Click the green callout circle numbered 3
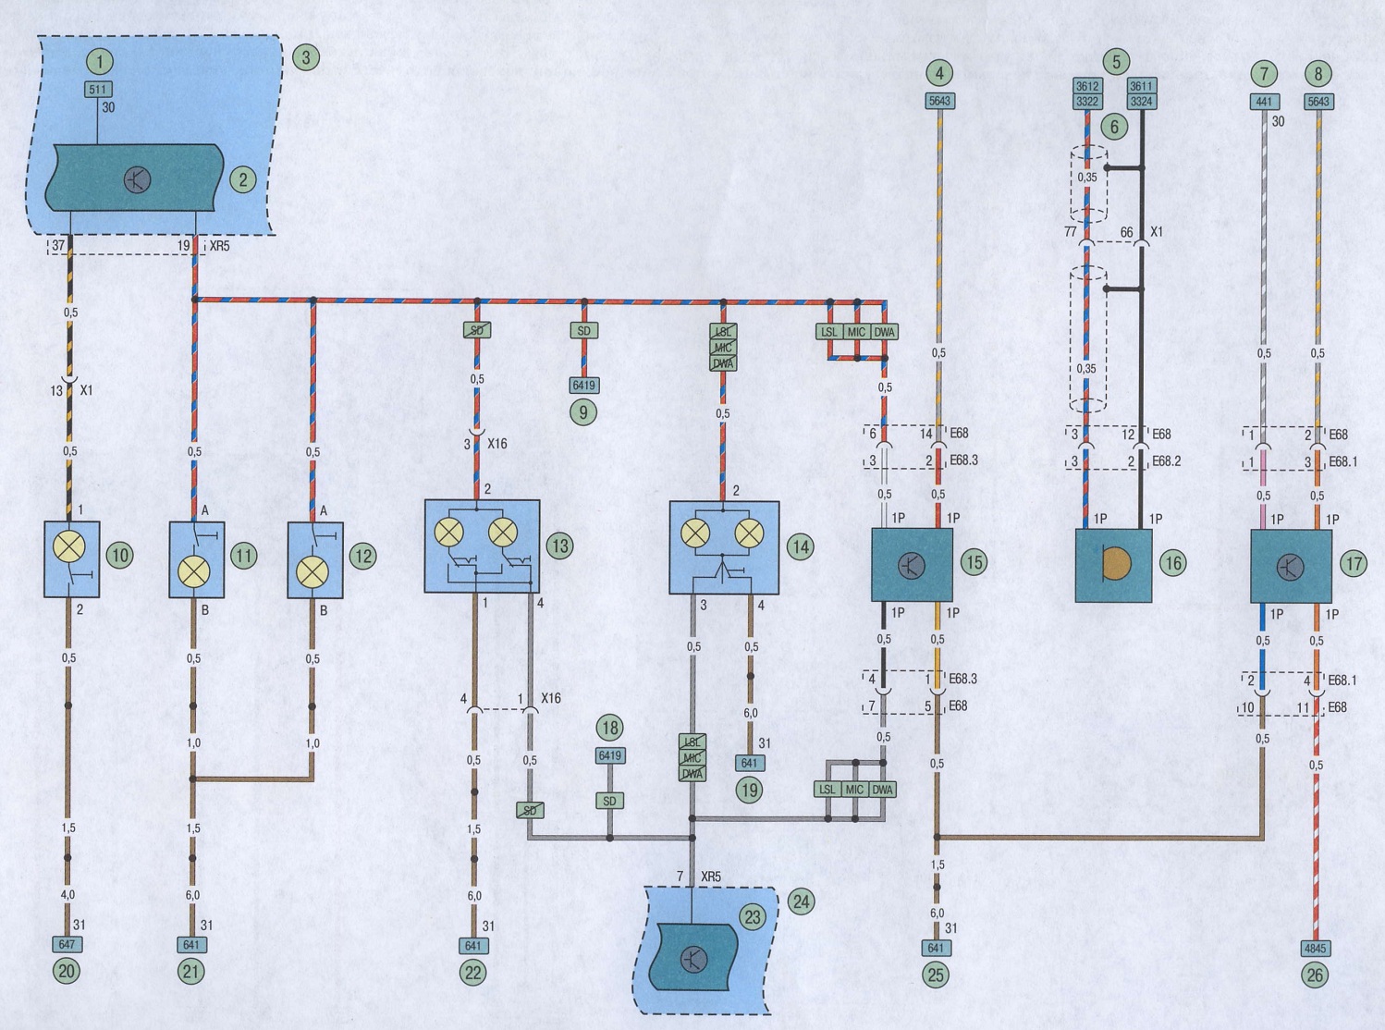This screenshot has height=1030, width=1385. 305,58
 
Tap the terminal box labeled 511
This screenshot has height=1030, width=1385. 97,90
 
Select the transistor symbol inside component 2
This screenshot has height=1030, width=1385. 137,180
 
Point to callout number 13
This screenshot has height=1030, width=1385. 559,546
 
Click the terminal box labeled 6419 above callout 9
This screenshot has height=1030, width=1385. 583,386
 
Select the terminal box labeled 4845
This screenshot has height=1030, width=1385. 1315,949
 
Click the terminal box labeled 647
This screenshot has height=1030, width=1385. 67,944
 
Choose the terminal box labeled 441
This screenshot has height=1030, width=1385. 1265,101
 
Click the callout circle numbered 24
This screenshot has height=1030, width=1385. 800,902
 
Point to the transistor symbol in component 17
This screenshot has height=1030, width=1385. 1290,567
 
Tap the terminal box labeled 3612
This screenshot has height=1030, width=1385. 1087,86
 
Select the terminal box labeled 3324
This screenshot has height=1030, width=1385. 1142,101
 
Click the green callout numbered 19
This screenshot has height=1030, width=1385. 749,790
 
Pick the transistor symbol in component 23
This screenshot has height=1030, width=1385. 693,959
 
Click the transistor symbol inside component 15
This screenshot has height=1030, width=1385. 911,565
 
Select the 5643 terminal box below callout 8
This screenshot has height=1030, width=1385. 1318,101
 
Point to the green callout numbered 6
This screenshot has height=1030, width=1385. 1115,127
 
